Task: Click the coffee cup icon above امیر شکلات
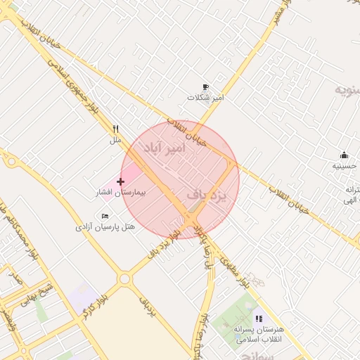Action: (205, 87)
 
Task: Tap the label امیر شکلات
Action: (210, 98)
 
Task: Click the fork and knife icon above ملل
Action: (115, 129)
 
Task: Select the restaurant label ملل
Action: (115, 140)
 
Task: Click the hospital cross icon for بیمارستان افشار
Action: (121, 182)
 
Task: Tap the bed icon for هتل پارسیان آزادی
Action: (105, 216)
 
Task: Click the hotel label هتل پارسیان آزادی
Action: (105, 227)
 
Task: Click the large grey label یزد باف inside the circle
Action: (209, 195)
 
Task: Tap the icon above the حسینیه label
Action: (344, 155)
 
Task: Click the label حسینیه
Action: (344, 166)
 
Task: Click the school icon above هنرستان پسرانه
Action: (259, 319)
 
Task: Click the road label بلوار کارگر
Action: (94, 304)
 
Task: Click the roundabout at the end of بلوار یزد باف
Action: (125, 279)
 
